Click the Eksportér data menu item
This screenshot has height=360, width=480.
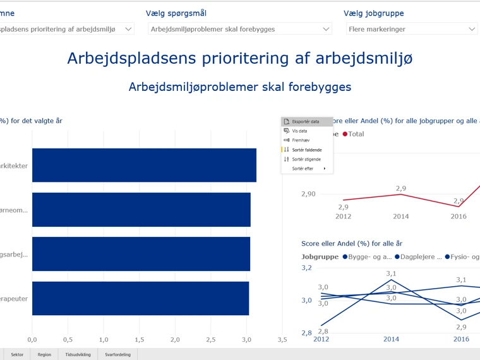click(306, 121)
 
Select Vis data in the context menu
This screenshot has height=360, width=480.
click(299, 131)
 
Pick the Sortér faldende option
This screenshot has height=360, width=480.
click(307, 150)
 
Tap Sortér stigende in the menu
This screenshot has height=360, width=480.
click(306, 159)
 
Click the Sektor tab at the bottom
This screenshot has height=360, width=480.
click(17, 354)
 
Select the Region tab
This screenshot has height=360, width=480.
click(44, 354)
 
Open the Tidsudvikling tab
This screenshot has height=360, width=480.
click(78, 354)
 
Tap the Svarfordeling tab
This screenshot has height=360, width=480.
click(117, 354)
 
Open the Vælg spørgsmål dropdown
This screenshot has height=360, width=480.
click(240, 29)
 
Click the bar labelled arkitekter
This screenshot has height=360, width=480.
click(144, 165)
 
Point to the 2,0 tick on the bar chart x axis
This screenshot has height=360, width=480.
click(175, 340)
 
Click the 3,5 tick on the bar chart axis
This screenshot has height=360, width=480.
click(282, 340)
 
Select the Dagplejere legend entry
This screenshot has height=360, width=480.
click(419, 256)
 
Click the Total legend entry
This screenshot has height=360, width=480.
click(353, 134)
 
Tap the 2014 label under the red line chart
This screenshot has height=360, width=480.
click(401, 217)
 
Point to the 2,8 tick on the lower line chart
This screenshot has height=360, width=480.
click(306, 333)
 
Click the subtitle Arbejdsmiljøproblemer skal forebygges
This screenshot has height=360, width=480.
click(240, 87)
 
